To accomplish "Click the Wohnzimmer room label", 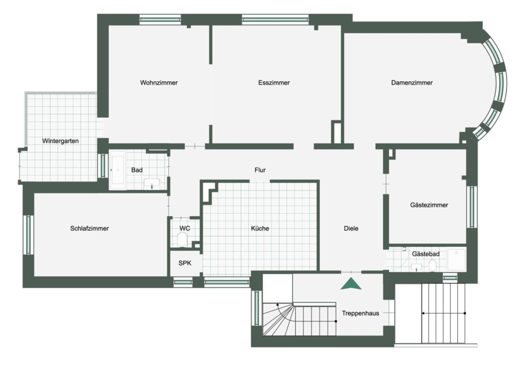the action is [159, 82].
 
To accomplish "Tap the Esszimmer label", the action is [274, 82].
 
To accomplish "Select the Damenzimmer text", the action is [412, 82].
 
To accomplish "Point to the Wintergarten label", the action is [60, 141].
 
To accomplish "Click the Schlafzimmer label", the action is [89, 228].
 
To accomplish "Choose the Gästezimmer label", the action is [429, 205].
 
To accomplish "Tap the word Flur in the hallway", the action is [260, 170].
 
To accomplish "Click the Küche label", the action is [260, 228].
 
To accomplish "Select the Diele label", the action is [351, 228].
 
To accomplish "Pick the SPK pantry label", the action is [185, 263].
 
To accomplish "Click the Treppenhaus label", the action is [361, 313].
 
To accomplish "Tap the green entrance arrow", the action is [351, 284].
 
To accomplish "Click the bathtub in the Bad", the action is [118, 170].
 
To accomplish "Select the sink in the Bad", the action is [152, 184].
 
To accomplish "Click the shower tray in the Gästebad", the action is [457, 260].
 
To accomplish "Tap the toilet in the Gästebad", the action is [432, 265].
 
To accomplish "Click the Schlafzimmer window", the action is [28, 235].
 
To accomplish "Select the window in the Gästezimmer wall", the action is [472, 207].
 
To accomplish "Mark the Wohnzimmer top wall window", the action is [160, 20].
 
